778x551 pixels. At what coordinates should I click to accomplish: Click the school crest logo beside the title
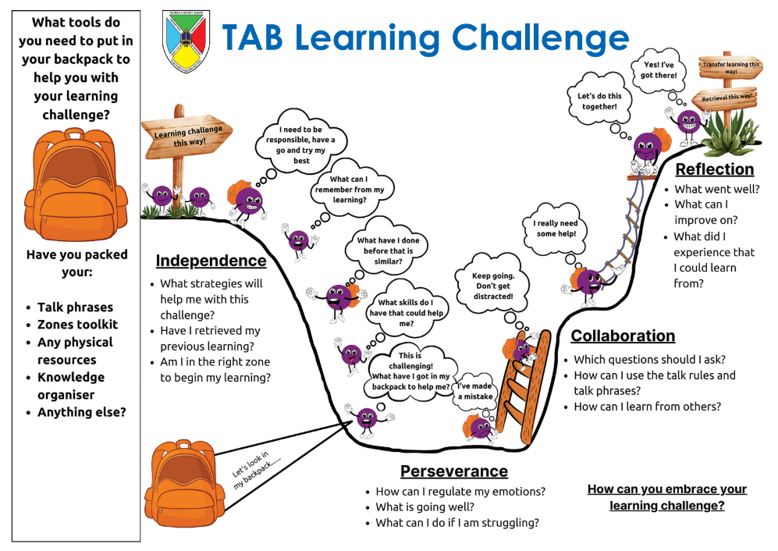pos(186,41)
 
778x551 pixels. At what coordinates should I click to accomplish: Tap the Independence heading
pos(211,261)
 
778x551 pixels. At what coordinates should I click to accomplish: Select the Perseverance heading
pos(453,471)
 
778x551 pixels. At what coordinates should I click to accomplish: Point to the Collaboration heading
pos(623,336)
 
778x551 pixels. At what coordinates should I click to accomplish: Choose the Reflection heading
pos(714,169)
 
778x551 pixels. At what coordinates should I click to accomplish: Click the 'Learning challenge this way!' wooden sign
pos(188,133)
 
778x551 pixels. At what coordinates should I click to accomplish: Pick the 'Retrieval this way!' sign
pos(727,98)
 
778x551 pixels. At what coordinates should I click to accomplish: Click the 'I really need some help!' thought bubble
pos(556,229)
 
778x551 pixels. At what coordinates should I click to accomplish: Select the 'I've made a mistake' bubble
pos(475,391)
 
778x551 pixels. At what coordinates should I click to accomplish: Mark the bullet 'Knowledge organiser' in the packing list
pos(71,386)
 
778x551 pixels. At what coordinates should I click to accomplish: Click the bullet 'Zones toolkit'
pos(77,325)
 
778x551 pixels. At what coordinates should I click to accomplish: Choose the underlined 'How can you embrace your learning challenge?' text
pos(666,497)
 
